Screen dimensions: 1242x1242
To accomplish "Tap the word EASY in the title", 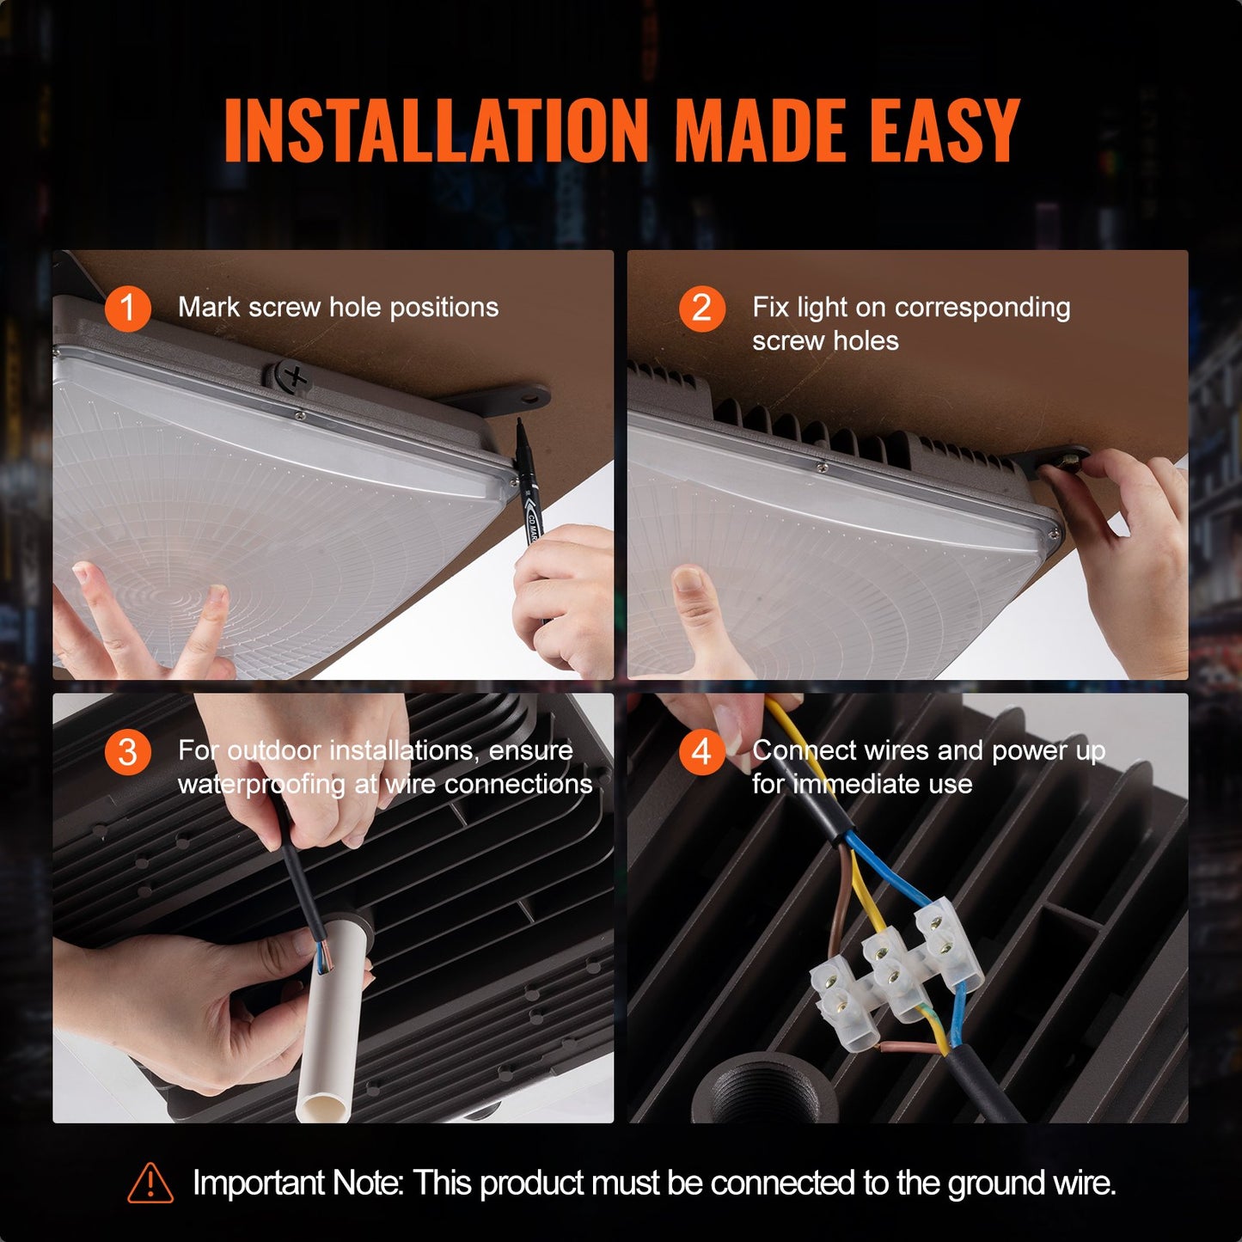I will coord(944,131).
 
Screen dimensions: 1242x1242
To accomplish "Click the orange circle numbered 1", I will coord(127,308).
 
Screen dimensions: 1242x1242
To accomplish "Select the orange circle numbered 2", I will coord(701,308).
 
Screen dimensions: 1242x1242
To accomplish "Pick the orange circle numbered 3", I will coord(127,752).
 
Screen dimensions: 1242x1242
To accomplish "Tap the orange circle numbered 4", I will coord(701,752).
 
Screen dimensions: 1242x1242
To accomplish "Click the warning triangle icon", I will coord(150,1184).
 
